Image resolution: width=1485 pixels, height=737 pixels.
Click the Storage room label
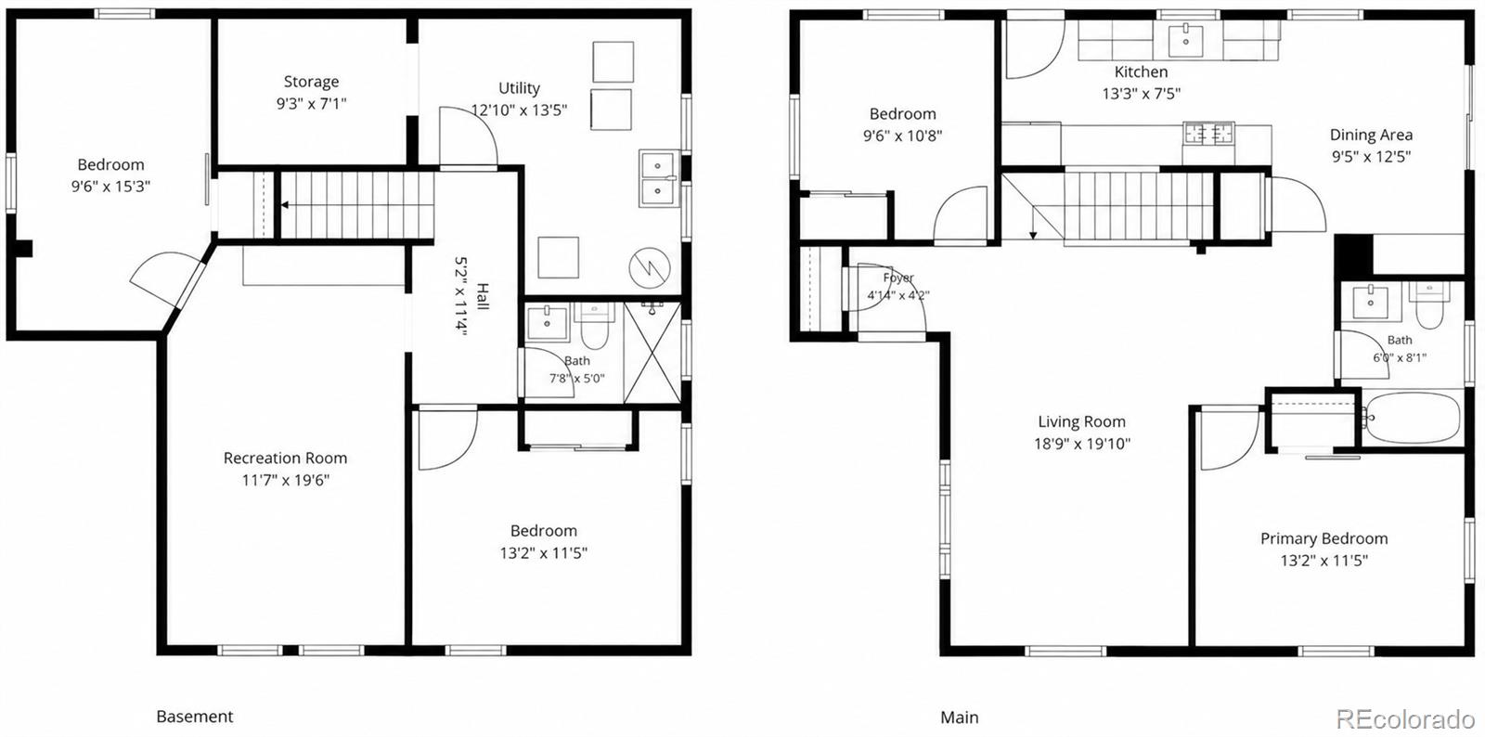[311, 82]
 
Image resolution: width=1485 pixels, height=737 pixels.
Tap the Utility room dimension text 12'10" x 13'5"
[519, 110]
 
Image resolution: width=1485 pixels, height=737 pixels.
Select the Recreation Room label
[285, 458]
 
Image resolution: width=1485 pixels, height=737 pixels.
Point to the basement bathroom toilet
[594, 325]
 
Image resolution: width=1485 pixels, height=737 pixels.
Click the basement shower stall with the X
[652, 353]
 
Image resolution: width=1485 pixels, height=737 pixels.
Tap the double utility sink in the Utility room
[658, 177]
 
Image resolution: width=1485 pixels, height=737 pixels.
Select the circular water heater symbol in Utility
[649, 267]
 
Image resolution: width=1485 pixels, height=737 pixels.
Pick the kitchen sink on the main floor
[1186, 40]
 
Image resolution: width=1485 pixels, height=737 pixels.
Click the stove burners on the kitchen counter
[1209, 134]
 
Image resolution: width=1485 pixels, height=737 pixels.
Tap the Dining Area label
[1371, 135]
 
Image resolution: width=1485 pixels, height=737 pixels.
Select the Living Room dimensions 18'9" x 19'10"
[1082, 444]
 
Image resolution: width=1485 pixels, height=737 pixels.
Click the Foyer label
[898, 277]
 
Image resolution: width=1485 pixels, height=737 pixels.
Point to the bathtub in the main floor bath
[1412, 419]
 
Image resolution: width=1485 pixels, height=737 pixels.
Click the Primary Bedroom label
[1324, 538]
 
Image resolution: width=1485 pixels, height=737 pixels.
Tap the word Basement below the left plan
[195, 717]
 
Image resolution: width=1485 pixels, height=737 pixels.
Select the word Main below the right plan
[960, 718]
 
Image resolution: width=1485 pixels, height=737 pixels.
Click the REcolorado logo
[1405, 718]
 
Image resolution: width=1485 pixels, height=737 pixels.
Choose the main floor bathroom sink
[1370, 303]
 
